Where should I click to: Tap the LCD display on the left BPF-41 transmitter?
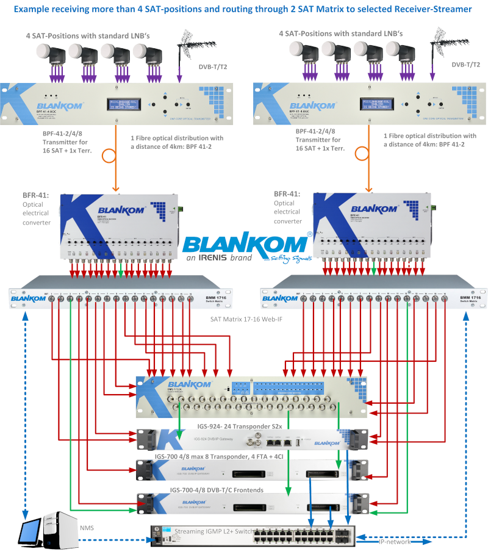click(x=129, y=104)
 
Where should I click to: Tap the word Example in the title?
click(x=35, y=9)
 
